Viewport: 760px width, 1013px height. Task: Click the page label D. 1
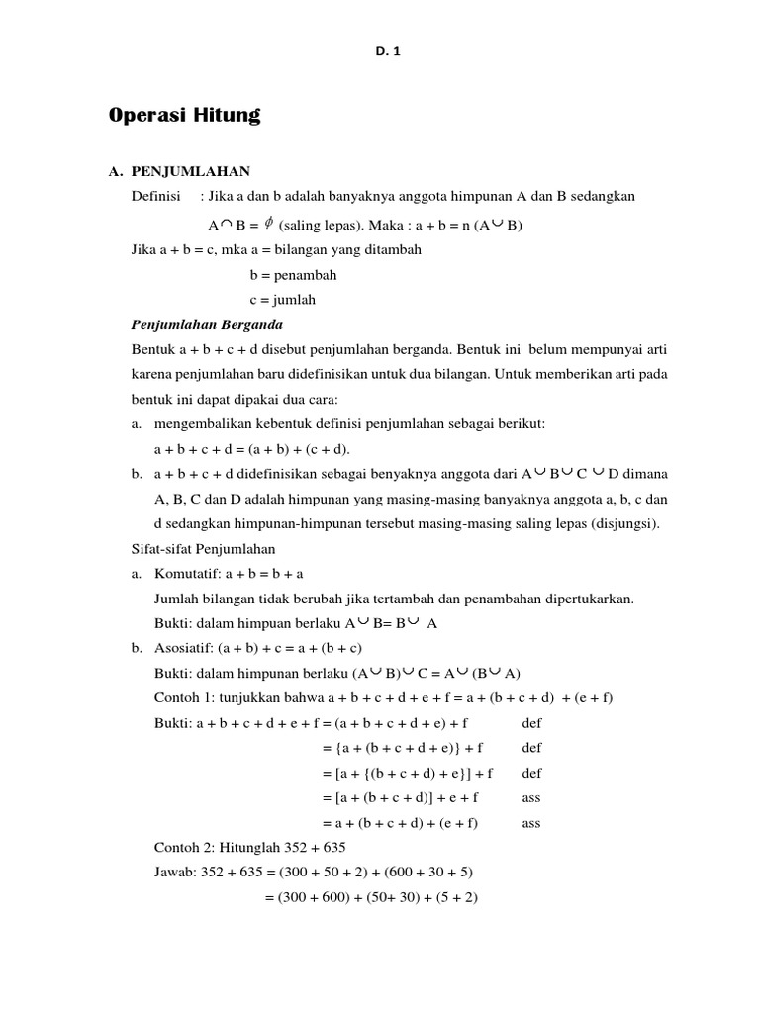pos(380,52)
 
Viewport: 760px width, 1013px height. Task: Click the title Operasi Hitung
pos(184,116)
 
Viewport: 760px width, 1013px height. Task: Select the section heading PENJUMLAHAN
pos(191,172)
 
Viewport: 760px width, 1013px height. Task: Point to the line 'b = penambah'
pos(294,275)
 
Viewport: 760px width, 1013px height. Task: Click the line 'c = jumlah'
pos(283,300)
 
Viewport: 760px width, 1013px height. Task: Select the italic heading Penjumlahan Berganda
pos(207,324)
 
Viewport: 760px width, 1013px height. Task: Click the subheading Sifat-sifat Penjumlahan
pos(203,548)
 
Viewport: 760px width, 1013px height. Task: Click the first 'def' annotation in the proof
pos(531,723)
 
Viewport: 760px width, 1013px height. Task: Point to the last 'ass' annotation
pos(531,823)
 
